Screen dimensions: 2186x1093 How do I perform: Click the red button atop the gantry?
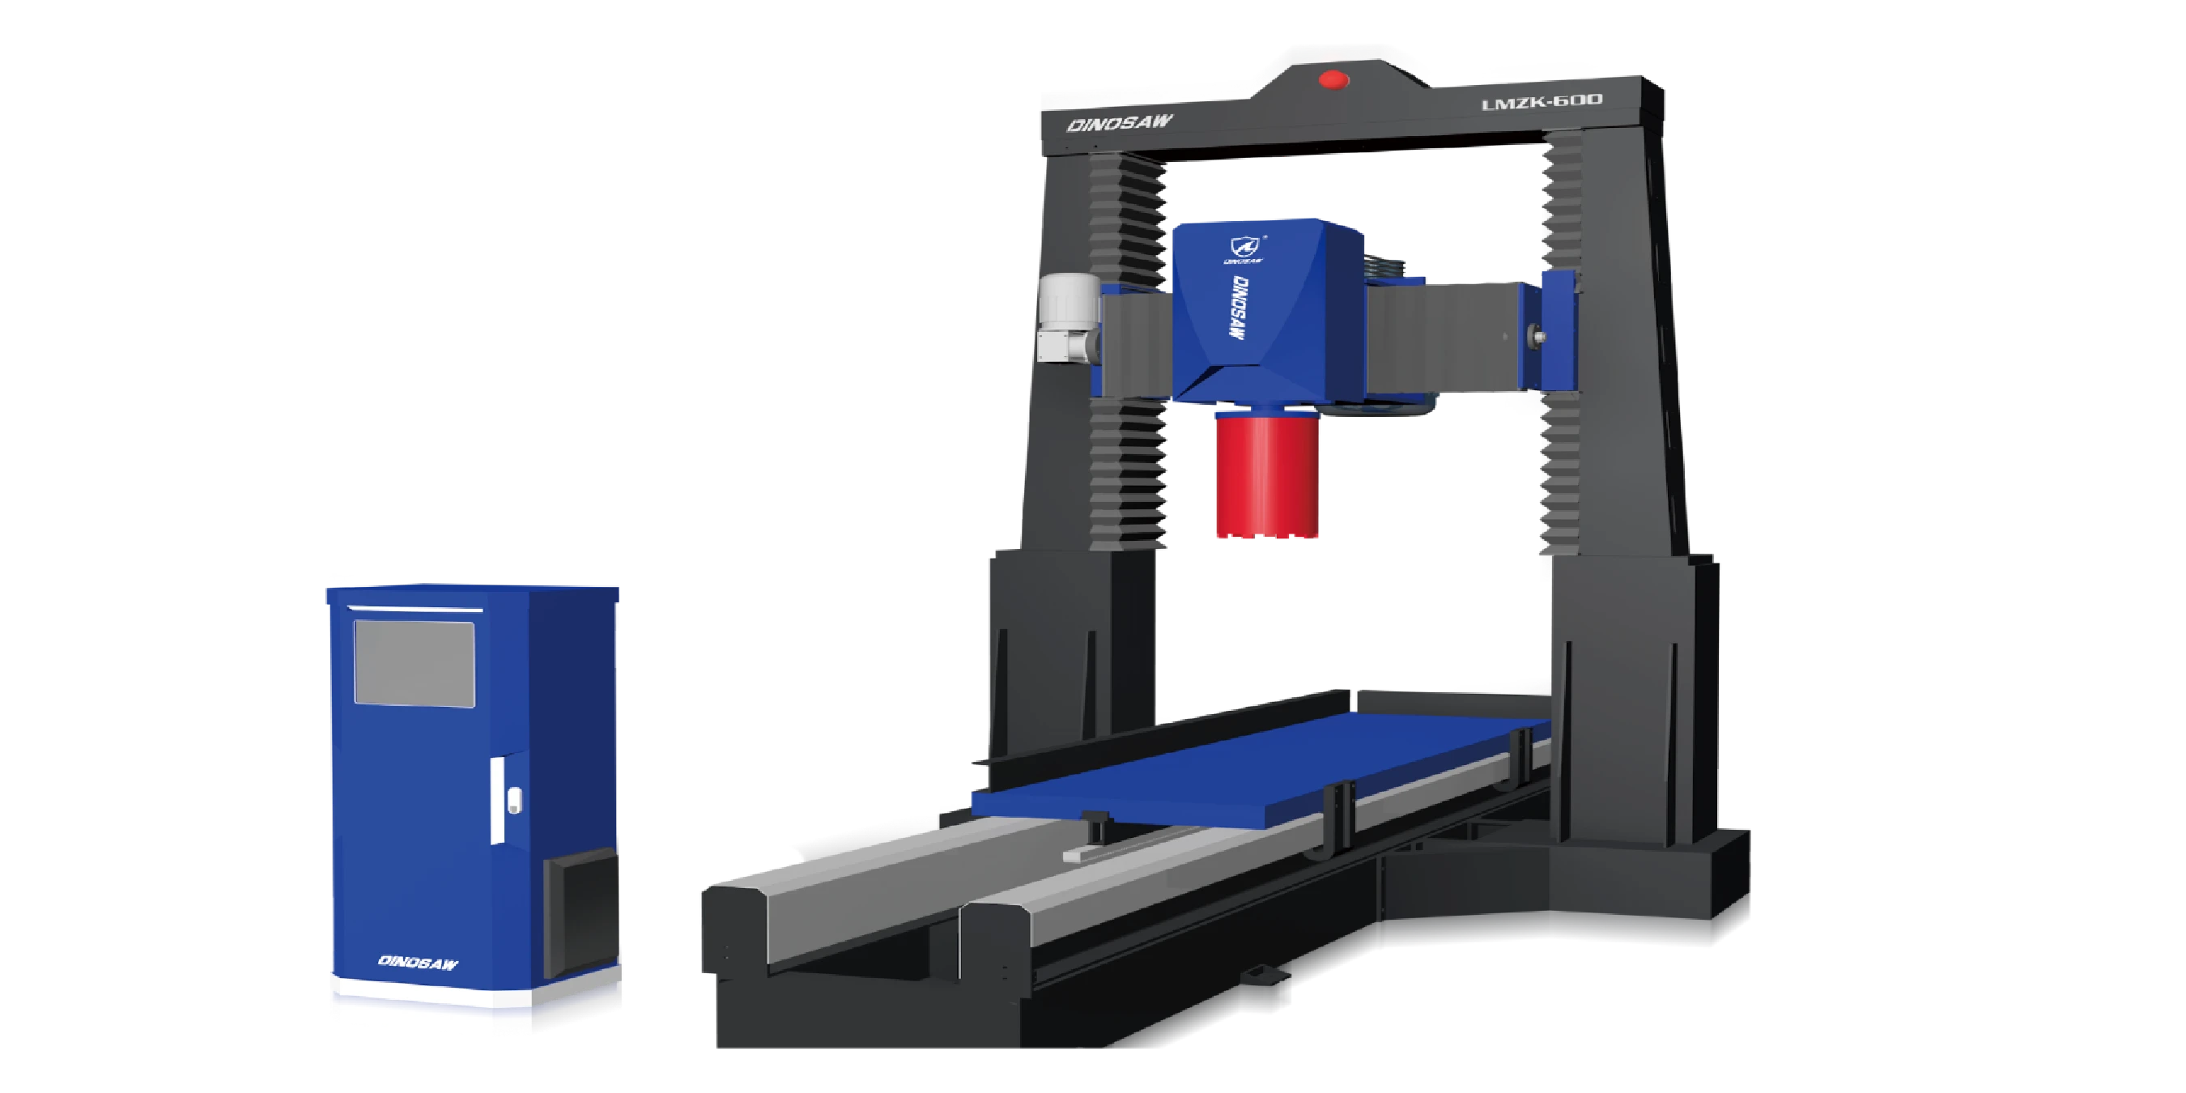(1333, 80)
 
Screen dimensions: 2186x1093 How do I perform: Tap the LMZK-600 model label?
(1542, 103)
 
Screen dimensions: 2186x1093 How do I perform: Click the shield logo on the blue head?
(1245, 247)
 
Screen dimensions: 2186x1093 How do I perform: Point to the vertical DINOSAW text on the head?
(1238, 307)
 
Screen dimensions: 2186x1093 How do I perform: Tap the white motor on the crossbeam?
(1070, 316)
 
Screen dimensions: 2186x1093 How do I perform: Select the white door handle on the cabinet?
(497, 800)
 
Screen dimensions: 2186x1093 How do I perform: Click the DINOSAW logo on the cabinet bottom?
(418, 962)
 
